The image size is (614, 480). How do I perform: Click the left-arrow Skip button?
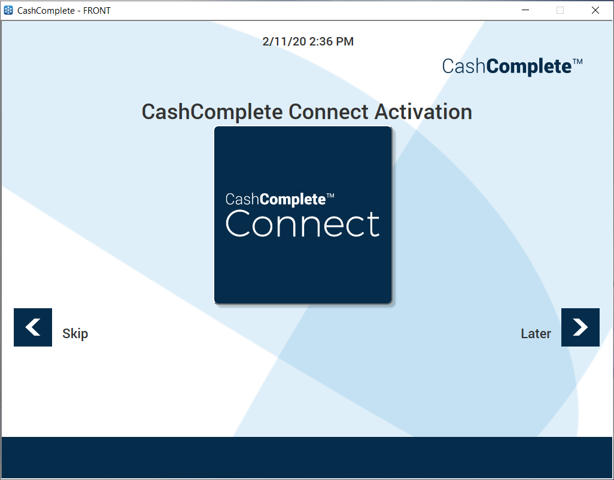coord(33,327)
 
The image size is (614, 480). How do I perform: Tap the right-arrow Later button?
coord(580,327)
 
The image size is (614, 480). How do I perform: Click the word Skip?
coord(75,334)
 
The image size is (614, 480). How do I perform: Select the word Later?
coord(536,334)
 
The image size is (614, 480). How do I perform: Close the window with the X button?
coord(595,10)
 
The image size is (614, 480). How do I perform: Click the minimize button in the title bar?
coord(525,10)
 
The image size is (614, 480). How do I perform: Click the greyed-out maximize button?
coord(560,10)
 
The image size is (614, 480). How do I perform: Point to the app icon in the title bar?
coord(8,10)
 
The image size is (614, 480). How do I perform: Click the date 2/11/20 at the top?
coord(284,41)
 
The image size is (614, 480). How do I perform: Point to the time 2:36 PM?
coord(332,41)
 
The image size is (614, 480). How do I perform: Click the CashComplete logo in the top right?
coord(507,66)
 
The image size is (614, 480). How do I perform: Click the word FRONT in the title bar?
coord(96,11)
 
